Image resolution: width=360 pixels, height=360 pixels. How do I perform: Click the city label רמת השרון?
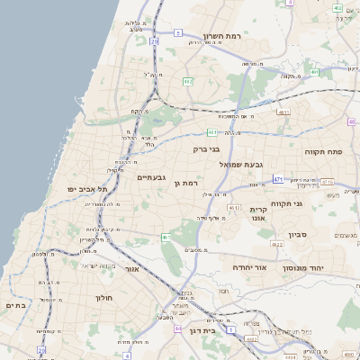pyautogui.click(x=222, y=35)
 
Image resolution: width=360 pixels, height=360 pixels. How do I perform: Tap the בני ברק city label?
pyautogui.click(x=207, y=148)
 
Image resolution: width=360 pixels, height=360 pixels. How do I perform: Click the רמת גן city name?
pyautogui.click(x=184, y=183)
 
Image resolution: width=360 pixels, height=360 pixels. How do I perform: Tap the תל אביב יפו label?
pyautogui.click(x=87, y=189)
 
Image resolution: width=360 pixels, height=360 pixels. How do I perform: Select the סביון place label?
pyautogui.click(x=298, y=235)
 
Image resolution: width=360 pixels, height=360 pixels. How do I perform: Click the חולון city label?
pyautogui.click(x=103, y=296)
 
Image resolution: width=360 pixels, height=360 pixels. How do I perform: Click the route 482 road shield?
pyautogui.click(x=188, y=82)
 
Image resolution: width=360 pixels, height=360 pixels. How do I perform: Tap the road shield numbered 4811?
pyautogui.click(x=283, y=112)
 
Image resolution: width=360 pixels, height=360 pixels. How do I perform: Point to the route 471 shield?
pyautogui.click(x=278, y=179)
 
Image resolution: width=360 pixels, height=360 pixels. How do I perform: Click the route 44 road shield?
pyautogui.click(x=178, y=329)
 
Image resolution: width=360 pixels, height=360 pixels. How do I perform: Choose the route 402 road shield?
pyautogui.click(x=337, y=7)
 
